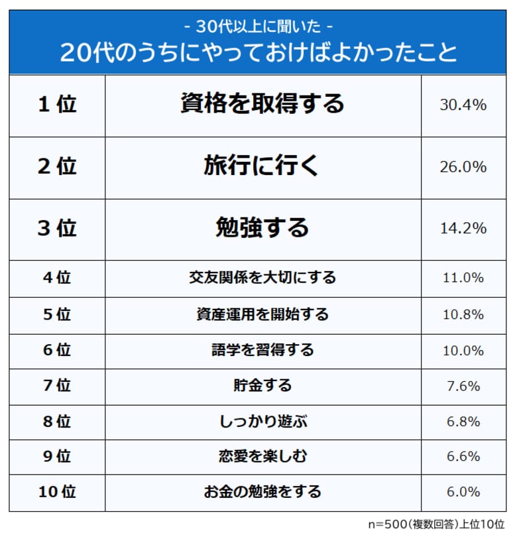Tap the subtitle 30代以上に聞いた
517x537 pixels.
point(258,27)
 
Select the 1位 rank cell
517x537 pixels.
point(57,105)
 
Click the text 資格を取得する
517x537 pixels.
point(262,103)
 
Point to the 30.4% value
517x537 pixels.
point(463,105)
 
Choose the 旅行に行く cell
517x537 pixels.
point(262,167)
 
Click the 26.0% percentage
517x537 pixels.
point(463,167)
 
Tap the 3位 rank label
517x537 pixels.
point(57,229)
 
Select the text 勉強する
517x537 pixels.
point(262,228)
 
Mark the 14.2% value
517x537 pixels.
point(463,229)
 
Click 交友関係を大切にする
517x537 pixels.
point(262,277)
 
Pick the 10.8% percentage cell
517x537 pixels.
point(463,314)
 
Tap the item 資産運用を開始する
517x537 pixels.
point(262,314)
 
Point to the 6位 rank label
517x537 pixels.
point(57,349)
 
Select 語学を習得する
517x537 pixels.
point(262,349)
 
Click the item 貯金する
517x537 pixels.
point(262,385)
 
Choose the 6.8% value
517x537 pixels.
point(463,420)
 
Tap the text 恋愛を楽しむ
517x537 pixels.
point(262,456)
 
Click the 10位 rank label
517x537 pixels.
point(57,492)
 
